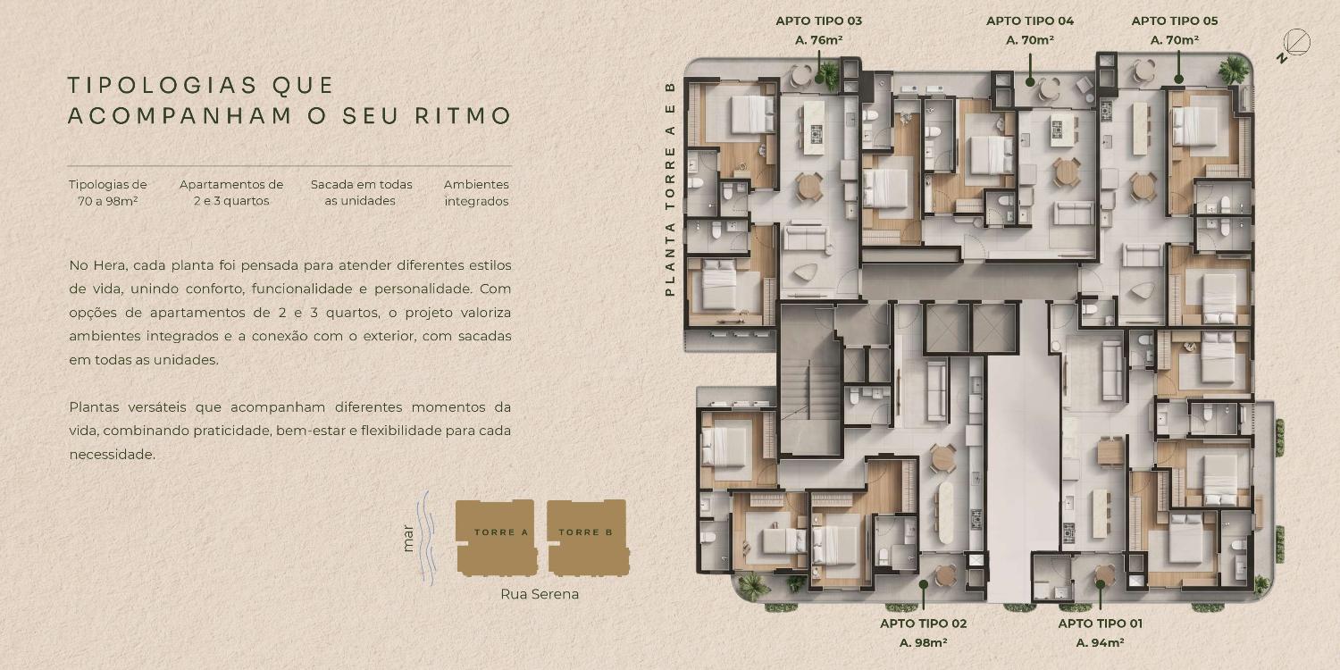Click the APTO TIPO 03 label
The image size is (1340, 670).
(x=818, y=21)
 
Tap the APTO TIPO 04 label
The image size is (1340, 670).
(x=1029, y=21)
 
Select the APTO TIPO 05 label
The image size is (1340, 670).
(x=1175, y=21)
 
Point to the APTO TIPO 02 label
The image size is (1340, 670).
(x=923, y=624)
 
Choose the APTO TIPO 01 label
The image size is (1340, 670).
(x=1100, y=624)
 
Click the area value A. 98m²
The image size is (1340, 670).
(x=923, y=642)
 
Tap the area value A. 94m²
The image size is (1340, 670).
(x=1100, y=642)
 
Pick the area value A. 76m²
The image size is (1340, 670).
(x=819, y=40)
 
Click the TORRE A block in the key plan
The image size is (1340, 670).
(x=497, y=537)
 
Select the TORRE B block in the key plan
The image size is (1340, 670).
(x=588, y=537)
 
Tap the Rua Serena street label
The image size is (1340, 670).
(x=540, y=594)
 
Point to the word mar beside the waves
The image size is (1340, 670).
(x=408, y=538)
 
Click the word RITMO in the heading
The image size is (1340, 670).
(x=463, y=115)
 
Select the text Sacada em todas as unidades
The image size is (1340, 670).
(x=361, y=193)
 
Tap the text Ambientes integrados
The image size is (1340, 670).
(x=476, y=193)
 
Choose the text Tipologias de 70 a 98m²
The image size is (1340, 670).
(x=108, y=193)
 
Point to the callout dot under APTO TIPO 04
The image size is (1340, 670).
(x=1030, y=82)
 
